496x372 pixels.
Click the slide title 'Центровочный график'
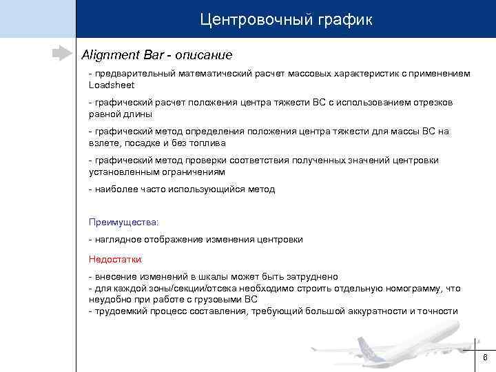286,19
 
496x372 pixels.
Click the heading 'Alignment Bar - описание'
157,54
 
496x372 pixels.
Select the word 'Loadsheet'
112,85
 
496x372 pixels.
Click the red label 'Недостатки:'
116,259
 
